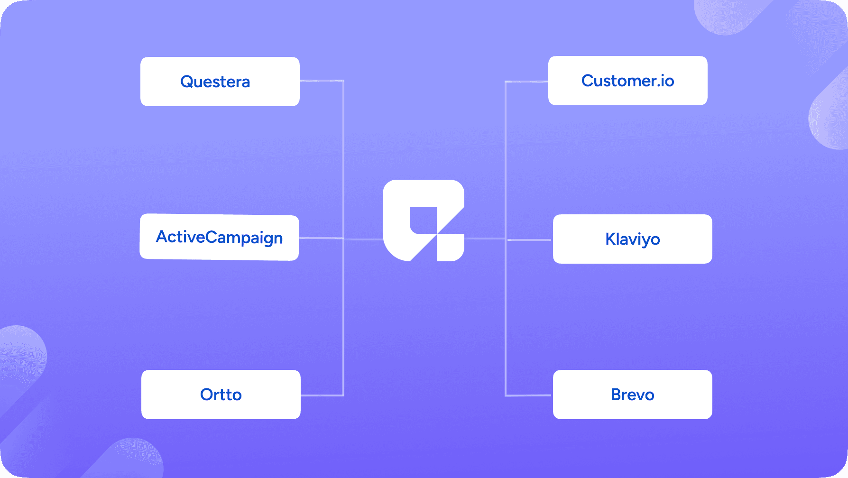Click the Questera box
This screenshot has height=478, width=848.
coord(220,82)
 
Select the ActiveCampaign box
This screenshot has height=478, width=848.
coord(219,237)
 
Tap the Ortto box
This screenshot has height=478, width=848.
coord(221,395)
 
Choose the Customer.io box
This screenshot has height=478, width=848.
coord(628,81)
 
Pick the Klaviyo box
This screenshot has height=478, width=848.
coord(633,239)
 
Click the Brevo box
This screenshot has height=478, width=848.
coord(633,395)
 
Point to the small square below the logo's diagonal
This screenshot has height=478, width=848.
coord(451,248)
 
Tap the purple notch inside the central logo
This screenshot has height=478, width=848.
coord(423,221)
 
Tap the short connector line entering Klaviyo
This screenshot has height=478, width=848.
coord(529,240)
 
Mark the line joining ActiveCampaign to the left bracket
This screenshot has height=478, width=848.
coord(321,238)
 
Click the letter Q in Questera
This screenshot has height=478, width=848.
coord(187,82)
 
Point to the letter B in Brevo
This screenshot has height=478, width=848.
coord(617,395)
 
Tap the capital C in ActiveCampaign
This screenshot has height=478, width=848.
coord(212,237)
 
